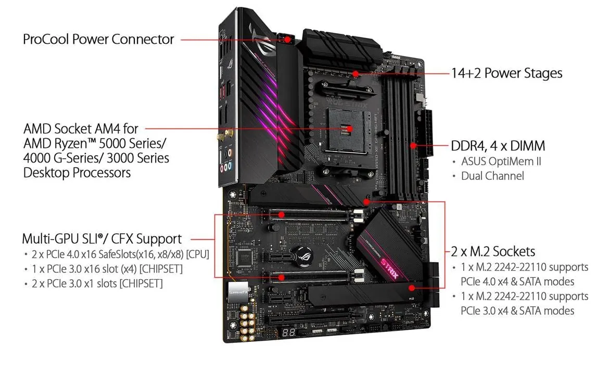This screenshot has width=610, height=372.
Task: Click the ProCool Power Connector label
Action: [98, 40]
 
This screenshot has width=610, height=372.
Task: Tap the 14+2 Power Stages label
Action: [506, 73]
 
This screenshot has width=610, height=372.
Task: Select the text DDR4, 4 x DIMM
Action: [498, 146]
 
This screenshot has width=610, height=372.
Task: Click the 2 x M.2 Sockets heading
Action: [493, 251]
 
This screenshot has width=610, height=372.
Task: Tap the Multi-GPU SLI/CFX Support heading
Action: [101, 239]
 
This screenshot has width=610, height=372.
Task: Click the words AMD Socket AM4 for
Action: [81, 129]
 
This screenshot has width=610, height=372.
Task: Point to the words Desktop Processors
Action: [77, 172]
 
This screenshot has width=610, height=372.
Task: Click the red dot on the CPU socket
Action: [349, 129]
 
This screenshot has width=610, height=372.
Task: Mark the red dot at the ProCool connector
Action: [287, 40]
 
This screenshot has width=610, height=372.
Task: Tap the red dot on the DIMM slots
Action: [413, 146]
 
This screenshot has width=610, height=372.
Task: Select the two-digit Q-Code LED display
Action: [288, 332]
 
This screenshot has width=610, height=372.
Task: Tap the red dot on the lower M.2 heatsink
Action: [412, 288]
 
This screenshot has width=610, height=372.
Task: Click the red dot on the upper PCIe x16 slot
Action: [281, 215]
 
